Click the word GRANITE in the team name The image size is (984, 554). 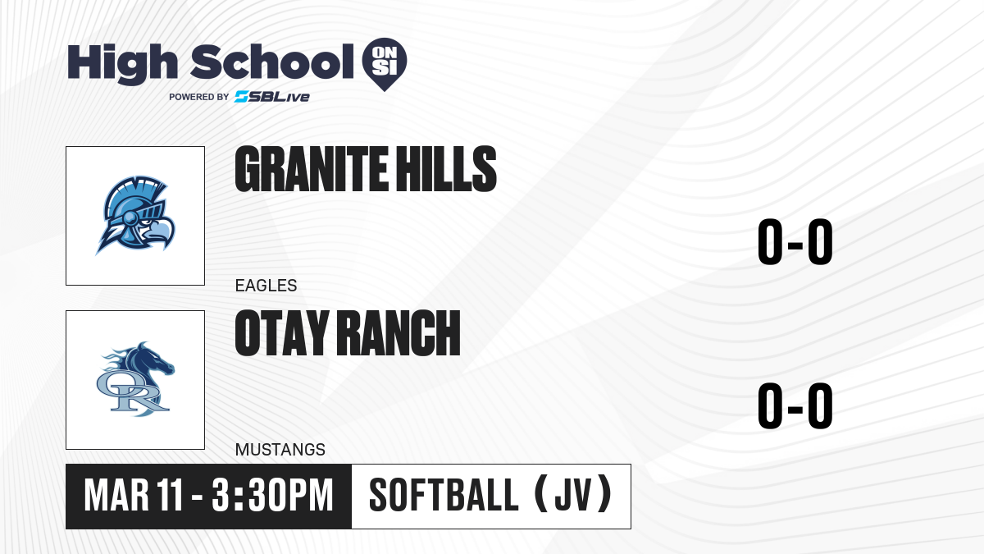[x=312, y=169]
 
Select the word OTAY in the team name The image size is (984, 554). [x=282, y=333]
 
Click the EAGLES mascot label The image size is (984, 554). [x=266, y=286]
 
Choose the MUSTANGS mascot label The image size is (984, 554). [x=280, y=450]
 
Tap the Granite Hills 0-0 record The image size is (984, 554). [x=795, y=241]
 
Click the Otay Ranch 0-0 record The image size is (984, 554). [x=795, y=405]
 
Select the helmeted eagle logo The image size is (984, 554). [x=135, y=215]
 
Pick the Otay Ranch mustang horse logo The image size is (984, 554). [x=135, y=379]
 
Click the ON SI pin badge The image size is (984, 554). [x=385, y=64]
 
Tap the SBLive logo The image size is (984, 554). [x=272, y=97]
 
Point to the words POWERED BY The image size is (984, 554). [x=199, y=97]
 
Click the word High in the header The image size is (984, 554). [x=123, y=63]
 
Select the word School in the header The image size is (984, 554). [x=272, y=62]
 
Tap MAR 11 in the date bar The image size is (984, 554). [x=133, y=496]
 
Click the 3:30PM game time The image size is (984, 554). [x=272, y=496]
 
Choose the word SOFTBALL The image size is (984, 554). [x=444, y=496]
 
